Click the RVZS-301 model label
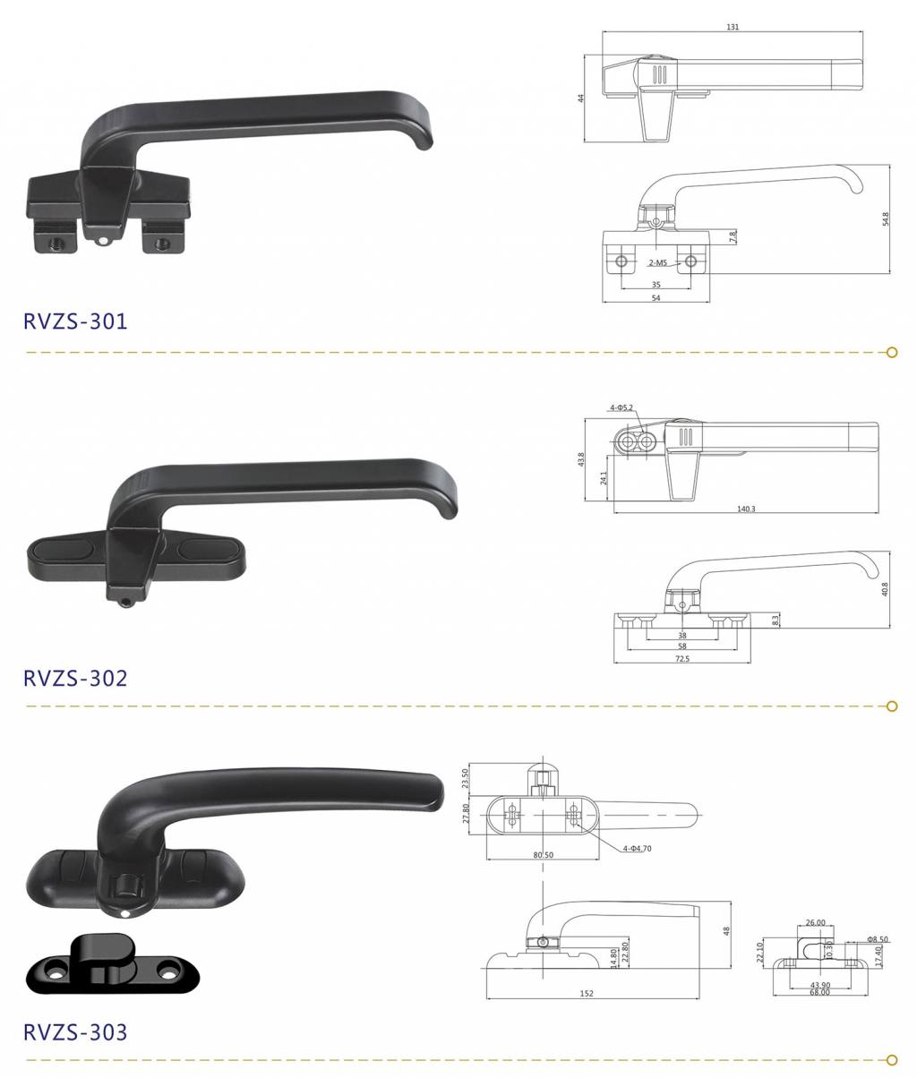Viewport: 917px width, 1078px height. (75, 321)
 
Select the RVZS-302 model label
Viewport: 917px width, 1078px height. (75, 678)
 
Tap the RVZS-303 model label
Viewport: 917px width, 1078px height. (75, 1032)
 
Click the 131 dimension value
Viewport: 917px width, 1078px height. (733, 27)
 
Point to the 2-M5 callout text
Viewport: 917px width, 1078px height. (657, 263)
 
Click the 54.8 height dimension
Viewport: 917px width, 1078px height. (885, 219)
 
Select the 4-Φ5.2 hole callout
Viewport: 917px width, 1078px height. (621, 407)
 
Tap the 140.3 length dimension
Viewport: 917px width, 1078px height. (746, 509)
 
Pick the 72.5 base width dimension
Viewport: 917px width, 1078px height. (682, 659)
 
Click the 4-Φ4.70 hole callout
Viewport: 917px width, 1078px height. (637, 849)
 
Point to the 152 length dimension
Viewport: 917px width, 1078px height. (587, 994)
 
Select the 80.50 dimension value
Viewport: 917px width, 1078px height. (543, 855)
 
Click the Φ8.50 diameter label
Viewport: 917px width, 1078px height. (878, 939)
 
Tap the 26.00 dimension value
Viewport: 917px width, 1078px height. (815, 922)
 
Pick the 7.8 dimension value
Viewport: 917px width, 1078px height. (733, 236)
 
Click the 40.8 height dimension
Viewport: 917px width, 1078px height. (884, 589)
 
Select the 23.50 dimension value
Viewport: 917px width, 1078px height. (466, 779)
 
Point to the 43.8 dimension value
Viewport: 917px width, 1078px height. (581, 459)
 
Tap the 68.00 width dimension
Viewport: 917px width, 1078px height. (819, 992)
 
